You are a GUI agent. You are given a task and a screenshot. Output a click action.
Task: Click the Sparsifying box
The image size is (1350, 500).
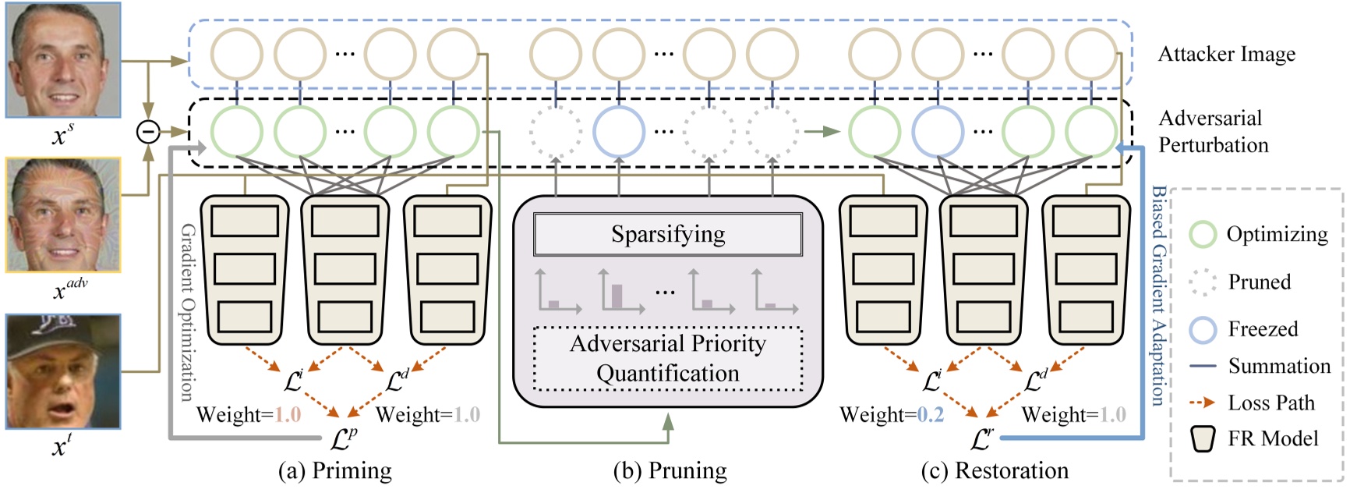(x=668, y=234)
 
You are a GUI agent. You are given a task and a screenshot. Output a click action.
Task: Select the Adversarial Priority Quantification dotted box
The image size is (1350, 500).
(x=668, y=359)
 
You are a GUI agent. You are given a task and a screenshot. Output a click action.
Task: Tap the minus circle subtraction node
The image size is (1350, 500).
(x=148, y=131)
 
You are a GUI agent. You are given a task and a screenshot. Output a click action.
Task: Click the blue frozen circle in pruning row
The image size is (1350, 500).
(x=618, y=131)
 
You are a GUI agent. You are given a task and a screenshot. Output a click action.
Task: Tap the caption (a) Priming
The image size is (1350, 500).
(x=335, y=470)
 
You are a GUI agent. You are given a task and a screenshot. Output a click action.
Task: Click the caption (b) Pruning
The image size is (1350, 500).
(x=670, y=470)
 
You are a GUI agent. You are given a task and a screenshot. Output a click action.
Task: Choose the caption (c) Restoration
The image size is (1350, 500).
(x=995, y=470)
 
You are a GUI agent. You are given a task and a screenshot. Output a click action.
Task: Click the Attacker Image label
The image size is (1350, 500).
(x=1226, y=54)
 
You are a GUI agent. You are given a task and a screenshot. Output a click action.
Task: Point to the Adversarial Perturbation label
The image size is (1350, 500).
(x=1213, y=131)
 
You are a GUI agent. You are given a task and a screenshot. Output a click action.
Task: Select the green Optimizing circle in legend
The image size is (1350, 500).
(x=1203, y=234)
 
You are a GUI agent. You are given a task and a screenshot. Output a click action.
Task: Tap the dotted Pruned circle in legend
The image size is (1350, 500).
(x=1203, y=282)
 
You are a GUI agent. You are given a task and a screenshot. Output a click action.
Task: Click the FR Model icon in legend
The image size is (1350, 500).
(x=1203, y=439)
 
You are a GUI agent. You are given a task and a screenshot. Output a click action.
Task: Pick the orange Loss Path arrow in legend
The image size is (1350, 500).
(x=1203, y=402)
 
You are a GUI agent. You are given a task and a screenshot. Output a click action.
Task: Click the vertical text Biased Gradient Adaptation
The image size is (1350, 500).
(x=1159, y=296)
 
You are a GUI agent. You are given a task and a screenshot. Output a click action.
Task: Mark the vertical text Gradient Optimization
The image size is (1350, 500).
(x=187, y=312)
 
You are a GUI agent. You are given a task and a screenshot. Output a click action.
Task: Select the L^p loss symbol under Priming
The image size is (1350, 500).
(x=343, y=439)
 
